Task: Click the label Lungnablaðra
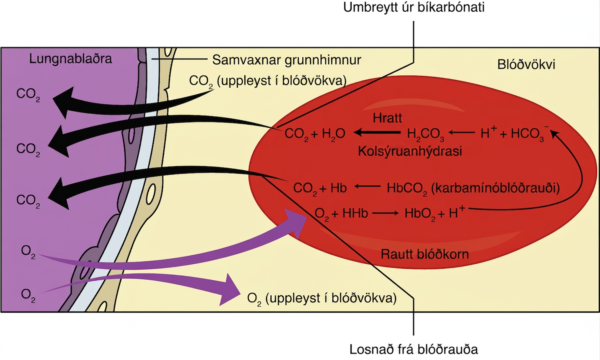point(71,59)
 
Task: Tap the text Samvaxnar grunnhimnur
point(286,60)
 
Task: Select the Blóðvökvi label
point(526,64)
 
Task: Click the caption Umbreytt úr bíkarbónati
point(414,7)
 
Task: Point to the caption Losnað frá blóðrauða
point(414,349)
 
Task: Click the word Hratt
point(387,118)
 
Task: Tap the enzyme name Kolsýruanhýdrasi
point(410,151)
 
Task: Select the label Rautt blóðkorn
point(425,254)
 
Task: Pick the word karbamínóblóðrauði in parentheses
point(495,188)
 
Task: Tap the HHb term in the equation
point(355,213)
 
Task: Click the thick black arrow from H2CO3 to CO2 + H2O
point(377,132)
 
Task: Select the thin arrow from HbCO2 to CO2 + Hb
point(367,187)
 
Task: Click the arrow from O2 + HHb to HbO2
point(385,213)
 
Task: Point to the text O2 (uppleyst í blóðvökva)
point(322,298)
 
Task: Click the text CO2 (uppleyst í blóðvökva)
point(268,81)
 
